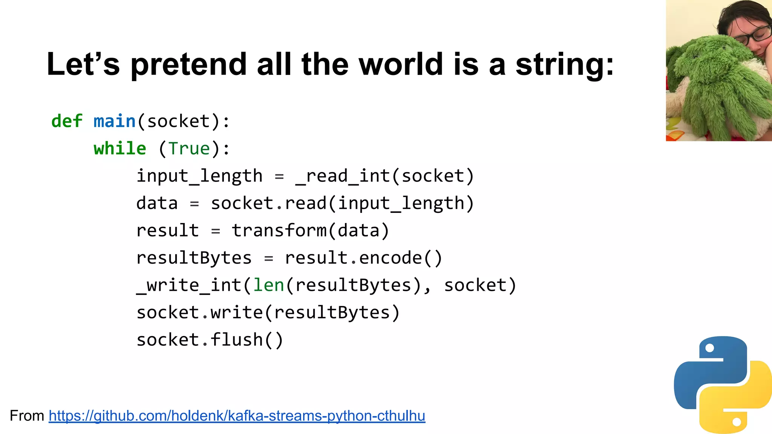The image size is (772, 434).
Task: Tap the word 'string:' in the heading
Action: coord(564,64)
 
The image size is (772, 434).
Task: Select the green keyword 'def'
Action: coord(67,121)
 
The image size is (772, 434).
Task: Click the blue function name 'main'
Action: coord(114,121)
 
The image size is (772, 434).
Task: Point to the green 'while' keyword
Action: coord(120,148)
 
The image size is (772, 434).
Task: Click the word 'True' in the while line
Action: coord(189,148)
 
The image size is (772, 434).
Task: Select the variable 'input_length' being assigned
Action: coord(199,176)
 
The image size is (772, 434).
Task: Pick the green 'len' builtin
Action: coord(268,285)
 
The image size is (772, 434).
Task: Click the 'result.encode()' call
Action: coord(363,258)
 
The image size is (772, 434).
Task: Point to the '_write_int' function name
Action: coord(189,285)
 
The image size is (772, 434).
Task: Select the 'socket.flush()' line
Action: coord(210,340)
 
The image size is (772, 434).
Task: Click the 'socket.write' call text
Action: coord(199,313)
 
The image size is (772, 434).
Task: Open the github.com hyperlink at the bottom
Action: coord(237,416)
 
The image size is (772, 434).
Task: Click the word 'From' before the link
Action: coord(27,416)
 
